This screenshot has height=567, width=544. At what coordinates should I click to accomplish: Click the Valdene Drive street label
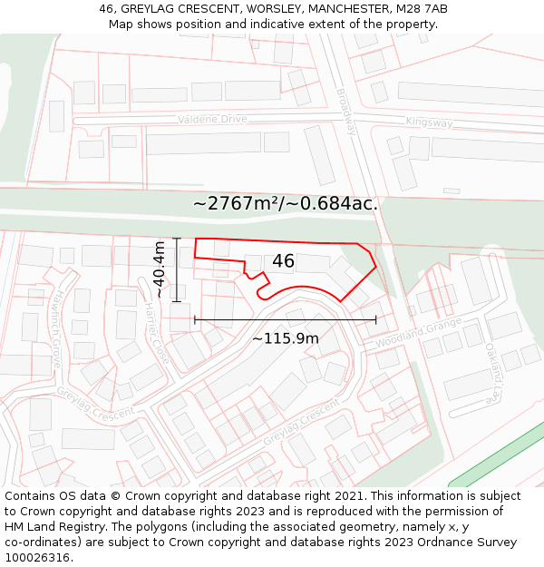[x=212, y=119]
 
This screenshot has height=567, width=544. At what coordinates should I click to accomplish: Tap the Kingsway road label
[x=429, y=122]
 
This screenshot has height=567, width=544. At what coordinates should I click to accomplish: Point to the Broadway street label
[x=346, y=112]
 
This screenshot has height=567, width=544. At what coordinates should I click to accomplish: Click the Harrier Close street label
[x=156, y=334]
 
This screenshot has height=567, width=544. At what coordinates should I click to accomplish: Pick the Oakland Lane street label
[x=492, y=373]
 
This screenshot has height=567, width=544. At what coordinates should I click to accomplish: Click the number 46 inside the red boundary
[x=283, y=261]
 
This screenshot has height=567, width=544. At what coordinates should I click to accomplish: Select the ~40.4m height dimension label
[x=160, y=269]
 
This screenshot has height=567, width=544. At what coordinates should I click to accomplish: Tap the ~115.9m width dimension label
[x=285, y=338]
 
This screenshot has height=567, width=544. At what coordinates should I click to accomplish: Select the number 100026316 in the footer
[x=37, y=557]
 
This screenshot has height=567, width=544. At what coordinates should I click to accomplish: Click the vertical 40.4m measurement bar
[x=177, y=269]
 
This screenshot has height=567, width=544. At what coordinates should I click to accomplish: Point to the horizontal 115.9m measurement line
[x=285, y=319]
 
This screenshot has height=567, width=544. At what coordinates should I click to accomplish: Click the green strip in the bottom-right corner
[x=497, y=454]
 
